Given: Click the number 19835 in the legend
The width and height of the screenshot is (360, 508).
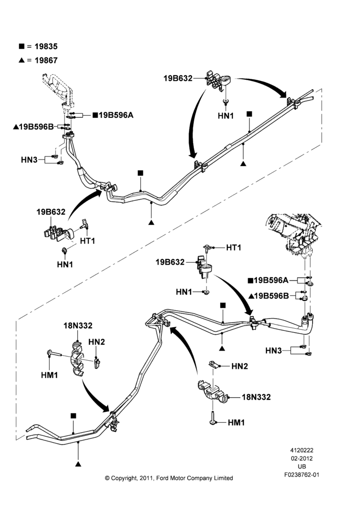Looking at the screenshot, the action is coord(46,46).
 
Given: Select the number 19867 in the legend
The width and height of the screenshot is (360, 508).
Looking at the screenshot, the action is coord(46,60).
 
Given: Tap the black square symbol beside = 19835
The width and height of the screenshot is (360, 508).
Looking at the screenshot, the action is coord(21,46).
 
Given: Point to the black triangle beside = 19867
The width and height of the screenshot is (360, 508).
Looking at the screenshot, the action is coord(21,60).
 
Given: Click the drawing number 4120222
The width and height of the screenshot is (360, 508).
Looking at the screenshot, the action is coord(302,450).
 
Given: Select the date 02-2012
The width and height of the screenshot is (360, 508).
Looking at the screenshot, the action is coord(302,458).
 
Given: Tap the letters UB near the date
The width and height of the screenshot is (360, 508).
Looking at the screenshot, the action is coord(302,466).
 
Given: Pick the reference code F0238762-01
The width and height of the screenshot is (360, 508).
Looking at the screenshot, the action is coord(302,474).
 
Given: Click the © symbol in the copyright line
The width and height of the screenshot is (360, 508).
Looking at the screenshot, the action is coord(107,478).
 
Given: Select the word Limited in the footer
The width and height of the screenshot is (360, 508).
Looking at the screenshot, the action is coord(223,478).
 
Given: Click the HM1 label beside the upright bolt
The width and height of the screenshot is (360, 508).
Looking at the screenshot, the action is coord(236,423).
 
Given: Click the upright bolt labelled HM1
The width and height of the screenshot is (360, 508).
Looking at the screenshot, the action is coord(213,417).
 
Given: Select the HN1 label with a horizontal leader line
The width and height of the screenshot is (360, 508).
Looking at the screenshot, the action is coord(184,292).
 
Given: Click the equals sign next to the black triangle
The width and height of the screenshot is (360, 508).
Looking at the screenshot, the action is coord(29,60).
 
